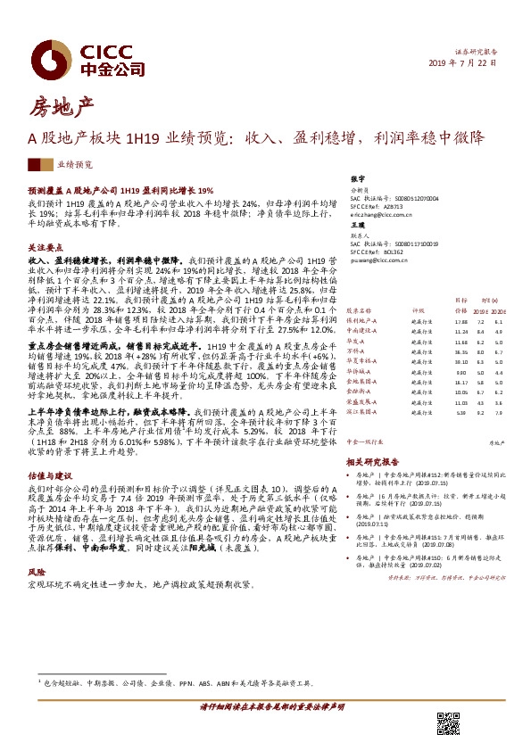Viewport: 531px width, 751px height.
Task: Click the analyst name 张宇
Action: pyautogui.click(x=359, y=179)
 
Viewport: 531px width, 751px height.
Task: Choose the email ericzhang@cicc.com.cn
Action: pyautogui.click(x=382, y=215)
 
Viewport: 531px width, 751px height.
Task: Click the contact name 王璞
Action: pyautogui.click(x=359, y=226)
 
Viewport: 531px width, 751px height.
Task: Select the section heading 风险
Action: pyautogui.click(x=37, y=571)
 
